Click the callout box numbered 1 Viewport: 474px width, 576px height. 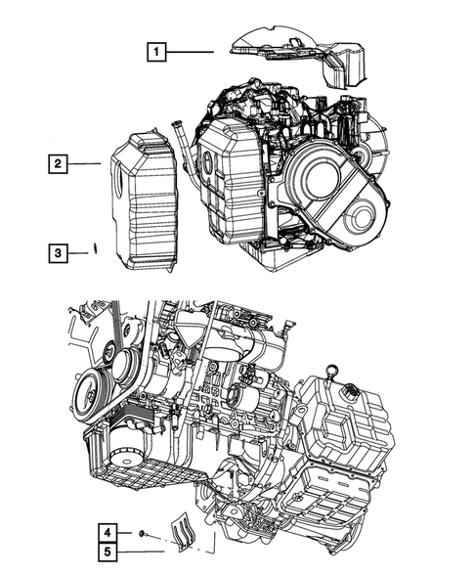point(156,52)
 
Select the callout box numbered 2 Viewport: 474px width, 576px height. point(58,163)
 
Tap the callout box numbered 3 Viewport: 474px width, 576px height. point(58,253)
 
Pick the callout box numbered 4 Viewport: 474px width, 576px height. point(108,533)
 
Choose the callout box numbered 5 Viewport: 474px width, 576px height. point(108,552)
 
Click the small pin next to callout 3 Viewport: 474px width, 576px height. point(95,247)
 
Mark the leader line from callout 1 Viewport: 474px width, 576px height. point(190,52)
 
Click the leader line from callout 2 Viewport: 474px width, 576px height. point(84,163)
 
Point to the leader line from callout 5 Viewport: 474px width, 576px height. point(141,552)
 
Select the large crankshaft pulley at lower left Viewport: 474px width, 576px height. point(91,395)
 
